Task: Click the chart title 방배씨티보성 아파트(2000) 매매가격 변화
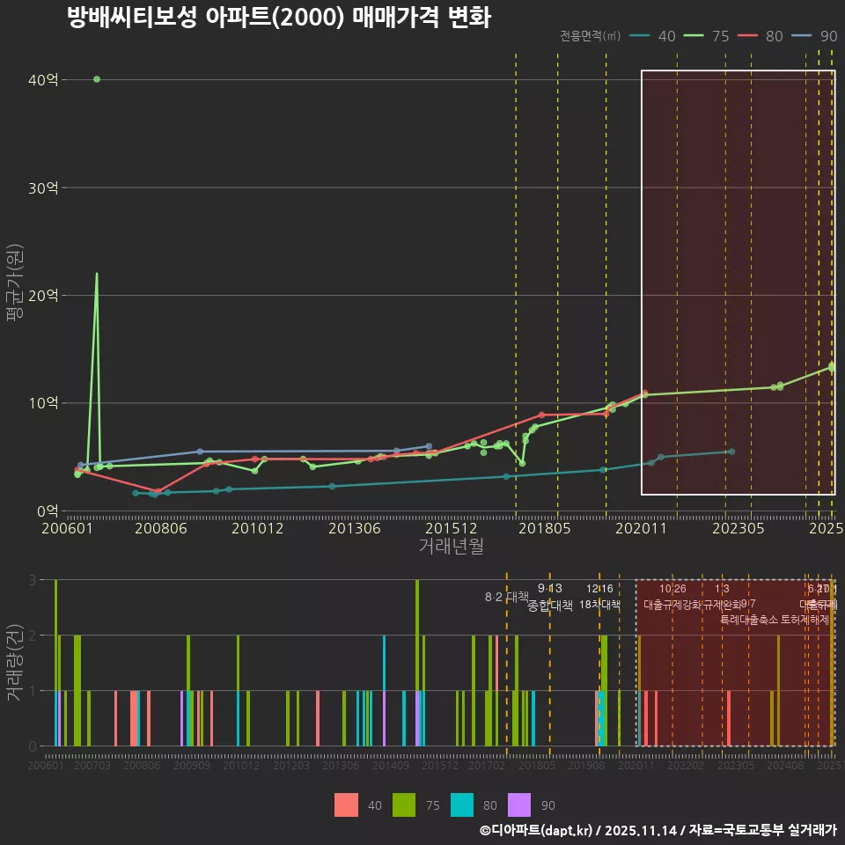tap(278, 18)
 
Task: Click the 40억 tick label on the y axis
tap(43, 80)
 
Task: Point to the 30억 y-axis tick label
tap(43, 187)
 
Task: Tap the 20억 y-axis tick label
tap(43, 296)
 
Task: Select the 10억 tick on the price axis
tap(43, 403)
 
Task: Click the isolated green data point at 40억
tap(97, 79)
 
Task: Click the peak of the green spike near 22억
tap(97, 274)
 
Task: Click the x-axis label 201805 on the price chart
tap(545, 528)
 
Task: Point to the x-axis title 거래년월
tap(451, 546)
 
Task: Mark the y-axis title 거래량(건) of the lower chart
tap(14, 662)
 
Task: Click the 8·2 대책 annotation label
tap(501, 597)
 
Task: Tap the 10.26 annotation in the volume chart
tap(672, 589)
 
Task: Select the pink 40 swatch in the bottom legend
tap(347, 805)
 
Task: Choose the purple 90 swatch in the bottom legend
tap(520, 805)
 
